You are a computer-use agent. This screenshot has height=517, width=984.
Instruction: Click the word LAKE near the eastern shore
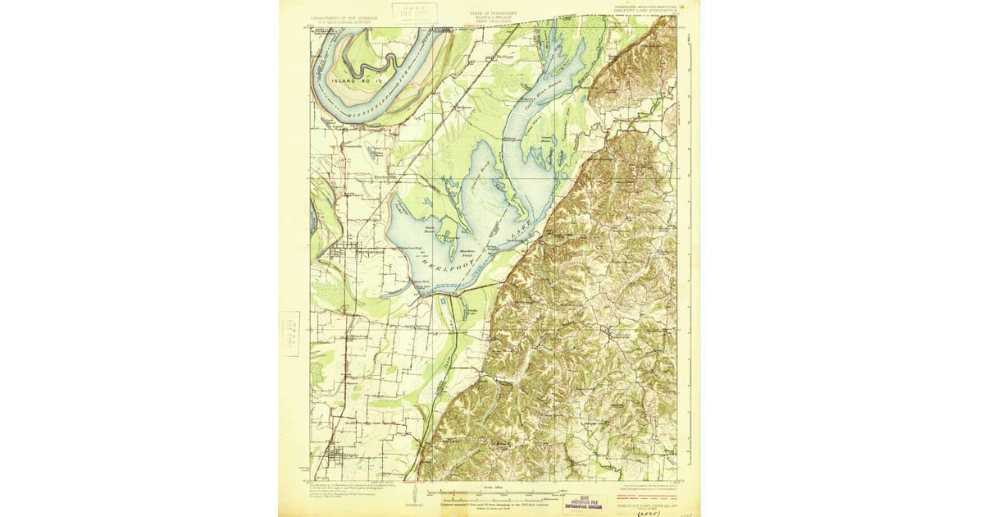(518, 231)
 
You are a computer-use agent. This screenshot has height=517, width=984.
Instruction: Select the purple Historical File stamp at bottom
(585, 502)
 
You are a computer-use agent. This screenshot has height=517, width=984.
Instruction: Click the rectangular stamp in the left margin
(290, 333)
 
